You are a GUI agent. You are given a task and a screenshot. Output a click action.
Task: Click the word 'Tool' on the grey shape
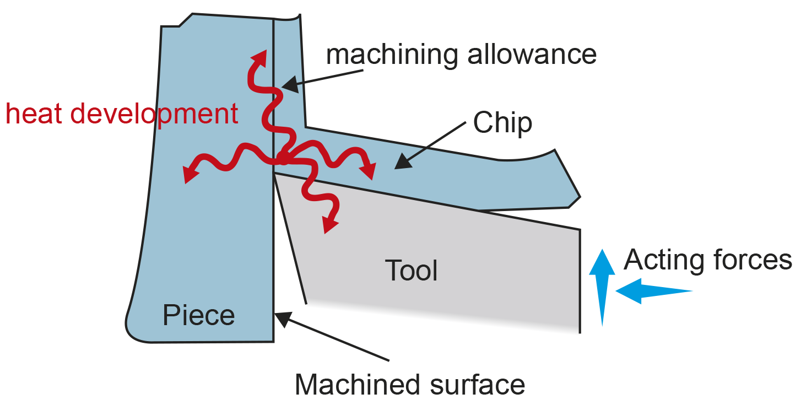coord(411,271)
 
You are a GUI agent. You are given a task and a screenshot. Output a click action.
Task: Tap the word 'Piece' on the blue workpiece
coord(198,316)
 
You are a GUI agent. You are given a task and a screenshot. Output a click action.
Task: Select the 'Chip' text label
coord(502,123)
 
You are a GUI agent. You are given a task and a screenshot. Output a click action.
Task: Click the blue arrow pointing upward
coord(602,287)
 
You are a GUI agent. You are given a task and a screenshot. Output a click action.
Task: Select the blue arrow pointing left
coord(653,291)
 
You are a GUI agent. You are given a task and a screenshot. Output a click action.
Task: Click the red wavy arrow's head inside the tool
coord(330,225)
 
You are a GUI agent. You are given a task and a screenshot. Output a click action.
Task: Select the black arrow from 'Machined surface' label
coord(331,336)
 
